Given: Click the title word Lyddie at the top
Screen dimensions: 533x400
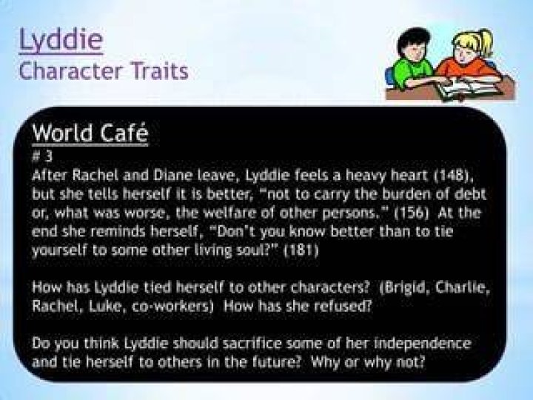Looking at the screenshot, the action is (x=61, y=40).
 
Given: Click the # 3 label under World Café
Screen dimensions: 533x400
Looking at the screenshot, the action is (x=42, y=156).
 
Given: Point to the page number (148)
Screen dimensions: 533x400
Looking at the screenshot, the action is (x=454, y=176).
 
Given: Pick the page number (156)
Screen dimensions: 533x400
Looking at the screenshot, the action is (x=412, y=213).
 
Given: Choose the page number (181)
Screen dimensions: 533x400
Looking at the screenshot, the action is (x=301, y=250).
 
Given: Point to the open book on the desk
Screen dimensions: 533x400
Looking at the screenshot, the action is (x=469, y=87).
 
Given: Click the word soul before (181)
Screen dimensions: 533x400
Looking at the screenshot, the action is (x=262, y=250).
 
